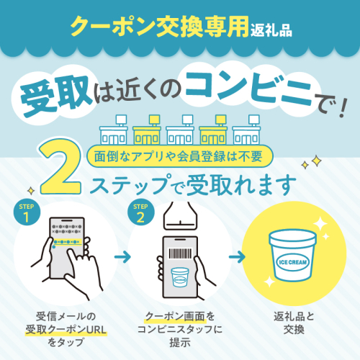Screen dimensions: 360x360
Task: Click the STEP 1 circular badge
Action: click(x=27, y=213)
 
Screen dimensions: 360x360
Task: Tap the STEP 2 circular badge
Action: click(x=140, y=213)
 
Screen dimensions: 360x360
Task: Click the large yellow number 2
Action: click(x=60, y=168)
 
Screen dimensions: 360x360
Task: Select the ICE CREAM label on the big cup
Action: click(x=292, y=262)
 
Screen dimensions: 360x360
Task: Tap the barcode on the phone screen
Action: click(x=181, y=253)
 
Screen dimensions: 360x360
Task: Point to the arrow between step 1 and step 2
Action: click(x=122, y=257)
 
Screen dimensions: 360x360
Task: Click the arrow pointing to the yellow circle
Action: click(x=237, y=257)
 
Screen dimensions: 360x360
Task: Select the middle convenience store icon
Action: click(x=180, y=130)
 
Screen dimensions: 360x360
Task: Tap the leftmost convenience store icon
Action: click(x=113, y=130)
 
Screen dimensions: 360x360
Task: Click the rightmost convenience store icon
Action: click(x=246, y=130)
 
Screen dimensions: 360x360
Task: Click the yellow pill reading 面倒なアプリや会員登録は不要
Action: click(x=179, y=156)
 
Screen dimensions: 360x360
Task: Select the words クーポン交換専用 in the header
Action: click(x=159, y=27)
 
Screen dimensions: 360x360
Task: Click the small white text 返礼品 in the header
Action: click(x=271, y=31)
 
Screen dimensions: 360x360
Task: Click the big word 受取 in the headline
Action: click(x=55, y=95)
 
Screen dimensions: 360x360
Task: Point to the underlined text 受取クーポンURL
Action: click(x=66, y=330)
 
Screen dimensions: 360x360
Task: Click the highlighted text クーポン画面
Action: click(x=176, y=317)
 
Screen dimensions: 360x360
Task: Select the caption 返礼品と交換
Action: click(x=294, y=323)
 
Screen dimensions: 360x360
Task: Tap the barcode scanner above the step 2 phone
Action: click(x=180, y=215)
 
